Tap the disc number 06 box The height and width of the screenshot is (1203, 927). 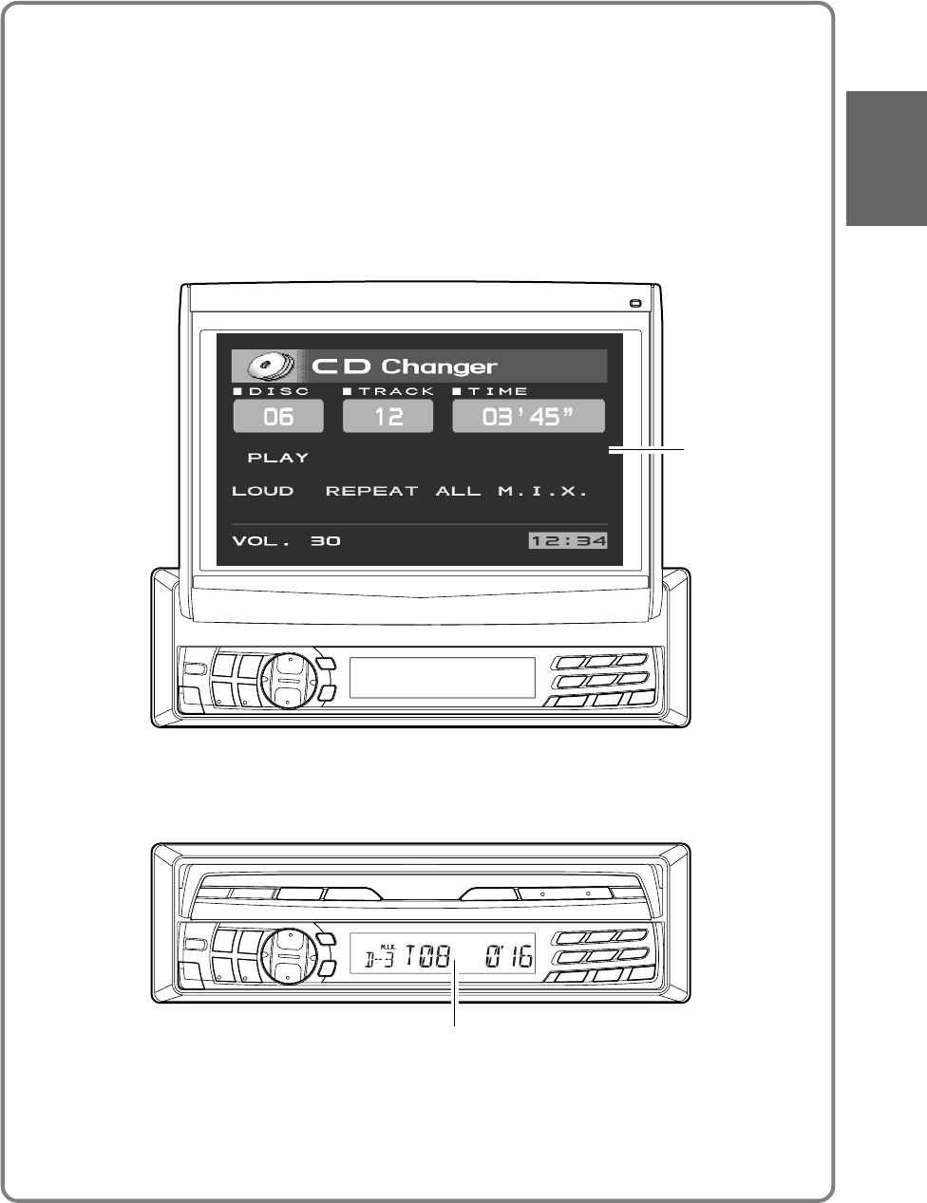click(x=278, y=416)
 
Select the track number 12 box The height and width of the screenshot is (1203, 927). click(x=388, y=416)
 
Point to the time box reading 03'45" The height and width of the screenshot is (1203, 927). click(x=528, y=416)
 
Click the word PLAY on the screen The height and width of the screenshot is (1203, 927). click(x=278, y=458)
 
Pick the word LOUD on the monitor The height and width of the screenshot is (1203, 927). click(x=263, y=492)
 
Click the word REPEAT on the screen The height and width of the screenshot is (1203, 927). click(x=371, y=492)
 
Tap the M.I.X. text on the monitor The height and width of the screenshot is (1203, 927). click(x=542, y=492)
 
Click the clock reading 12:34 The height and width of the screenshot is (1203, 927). click(x=568, y=541)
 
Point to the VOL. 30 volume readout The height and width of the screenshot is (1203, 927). click(x=286, y=541)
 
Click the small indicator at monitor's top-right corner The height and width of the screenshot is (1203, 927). click(x=634, y=304)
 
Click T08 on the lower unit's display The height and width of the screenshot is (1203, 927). click(x=427, y=957)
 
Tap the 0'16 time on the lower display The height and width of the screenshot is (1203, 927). click(x=508, y=957)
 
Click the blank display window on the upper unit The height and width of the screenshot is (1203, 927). click(x=442, y=678)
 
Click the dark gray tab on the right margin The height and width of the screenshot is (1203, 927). click(x=886, y=159)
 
